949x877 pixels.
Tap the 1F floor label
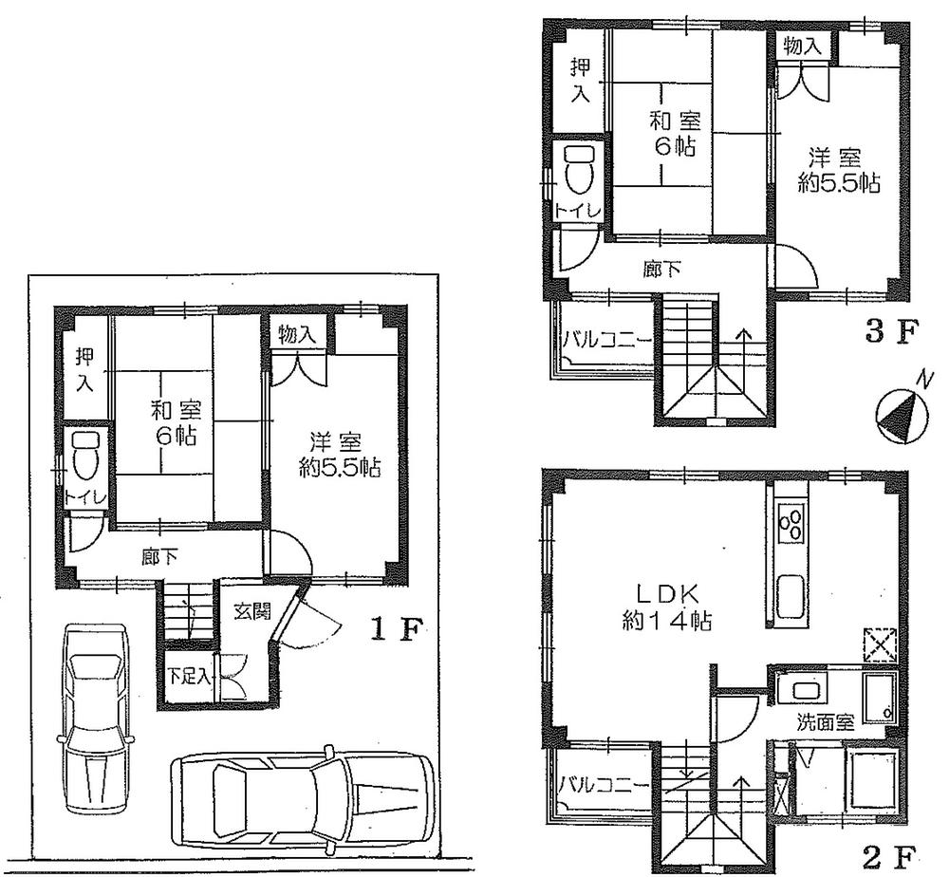(x=392, y=629)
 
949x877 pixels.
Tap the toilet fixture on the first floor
(x=85, y=457)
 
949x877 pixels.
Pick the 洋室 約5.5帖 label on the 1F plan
(x=339, y=455)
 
